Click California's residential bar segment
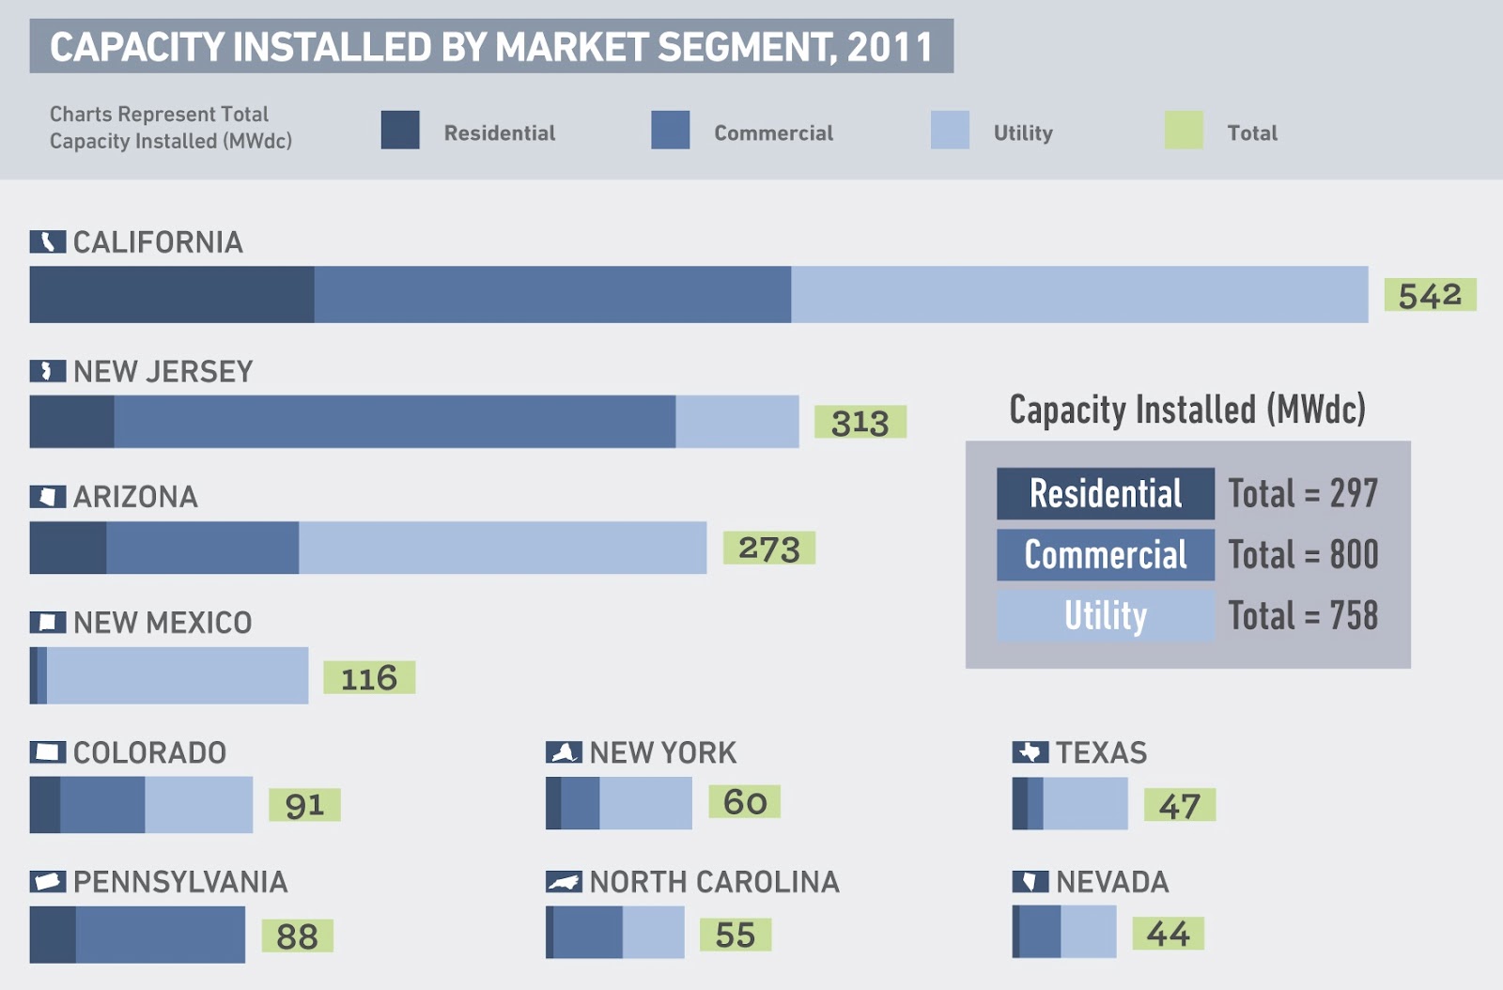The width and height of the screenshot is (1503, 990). click(x=172, y=295)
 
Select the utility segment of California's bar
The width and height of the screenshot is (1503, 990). click(x=1078, y=295)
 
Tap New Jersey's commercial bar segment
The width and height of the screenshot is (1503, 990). click(x=395, y=422)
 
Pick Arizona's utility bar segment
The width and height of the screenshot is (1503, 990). click(x=503, y=548)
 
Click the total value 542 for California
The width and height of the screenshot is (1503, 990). click(x=1430, y=295)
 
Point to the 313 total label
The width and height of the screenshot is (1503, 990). click(x=860, y=422)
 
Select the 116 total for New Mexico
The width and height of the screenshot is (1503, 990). click(x=369, y=677)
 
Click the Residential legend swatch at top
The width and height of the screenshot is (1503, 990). click(x=400, y=131)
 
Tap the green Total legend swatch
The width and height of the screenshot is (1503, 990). click(x=1184, y=131)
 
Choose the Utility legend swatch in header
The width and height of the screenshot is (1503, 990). click(x=950, y=131)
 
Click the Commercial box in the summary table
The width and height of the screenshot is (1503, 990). click(x=1106, y=554)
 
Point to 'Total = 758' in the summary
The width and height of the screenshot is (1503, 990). click(x=1303, y=616)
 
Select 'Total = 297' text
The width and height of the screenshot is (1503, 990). click(x=1303, y=493)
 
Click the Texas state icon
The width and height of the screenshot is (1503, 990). click(x=1030, y=752)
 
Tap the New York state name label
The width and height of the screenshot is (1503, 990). click(x=663, y=752)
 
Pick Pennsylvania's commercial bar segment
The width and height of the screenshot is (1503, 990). click(x=160, y=935)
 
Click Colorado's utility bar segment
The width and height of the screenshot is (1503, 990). click(x=198, y=805)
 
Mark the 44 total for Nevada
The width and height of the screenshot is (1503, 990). click(x=1168, y=934)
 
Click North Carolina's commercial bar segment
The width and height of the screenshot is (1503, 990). click(x=587, y=932)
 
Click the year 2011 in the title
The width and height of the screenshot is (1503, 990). click(x=890, y=47)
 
